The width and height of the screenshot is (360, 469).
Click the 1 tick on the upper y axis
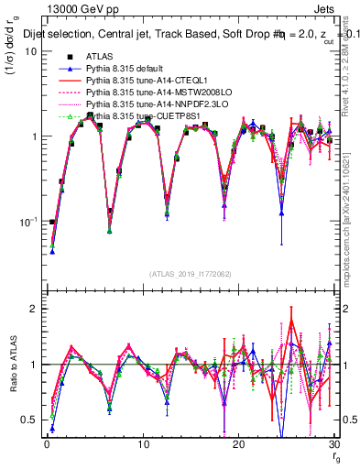[x=32, y=136]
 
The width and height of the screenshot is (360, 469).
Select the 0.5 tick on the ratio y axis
[x=27, y=420]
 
